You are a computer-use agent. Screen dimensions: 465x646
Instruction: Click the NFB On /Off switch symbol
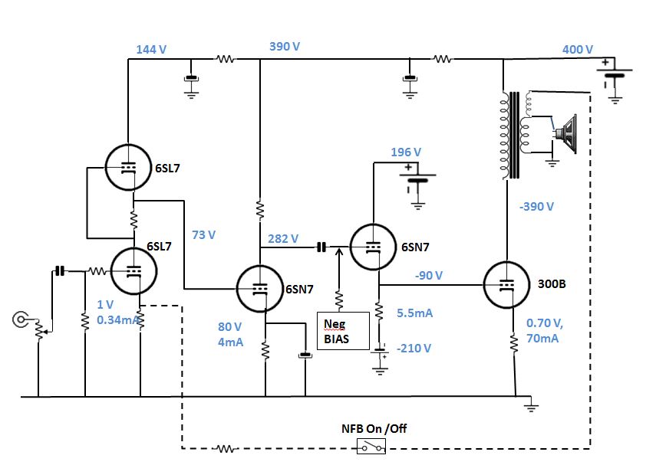click(374, 447)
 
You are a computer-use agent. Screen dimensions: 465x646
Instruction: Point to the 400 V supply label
click(578, 49)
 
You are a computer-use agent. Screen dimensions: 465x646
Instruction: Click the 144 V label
click(151, 49)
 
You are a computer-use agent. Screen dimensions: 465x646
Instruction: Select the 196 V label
click(406, 152)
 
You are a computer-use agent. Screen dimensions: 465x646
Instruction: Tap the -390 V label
click(537, 207)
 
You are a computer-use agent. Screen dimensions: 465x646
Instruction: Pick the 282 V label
click(283, 239)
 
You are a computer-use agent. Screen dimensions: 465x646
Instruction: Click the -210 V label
click(416, 348)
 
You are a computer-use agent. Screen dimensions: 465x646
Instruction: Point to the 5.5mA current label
click(415, 313)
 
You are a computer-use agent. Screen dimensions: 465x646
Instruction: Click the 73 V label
click(203, 234)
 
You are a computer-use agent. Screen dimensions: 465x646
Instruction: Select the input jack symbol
click(21, 319)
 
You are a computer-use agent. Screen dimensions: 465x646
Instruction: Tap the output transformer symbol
click(513, 136)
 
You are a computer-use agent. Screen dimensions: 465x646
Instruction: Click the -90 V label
click(430, 274)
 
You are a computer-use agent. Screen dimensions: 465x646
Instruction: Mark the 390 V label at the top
click(285, 46)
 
